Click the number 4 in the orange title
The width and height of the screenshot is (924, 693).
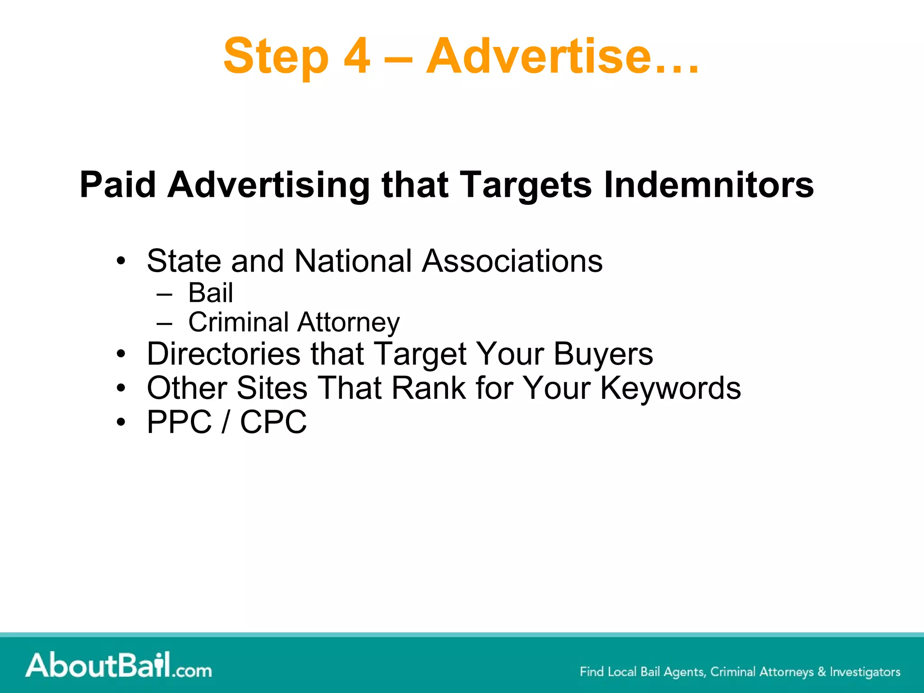click(x=356, y=56)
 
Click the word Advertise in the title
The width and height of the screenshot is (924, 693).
click(x=539, y=56)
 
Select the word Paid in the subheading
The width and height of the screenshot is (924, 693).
click(x=118, y=185)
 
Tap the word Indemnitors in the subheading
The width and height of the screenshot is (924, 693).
click(x=709, y=185)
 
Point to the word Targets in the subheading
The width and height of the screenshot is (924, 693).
click(x=526, y=185)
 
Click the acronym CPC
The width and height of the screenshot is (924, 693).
click(x=273, y=422)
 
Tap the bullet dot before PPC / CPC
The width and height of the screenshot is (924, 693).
click(x=120, y=423)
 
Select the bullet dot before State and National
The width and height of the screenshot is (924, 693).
click(x=120, y=261)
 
